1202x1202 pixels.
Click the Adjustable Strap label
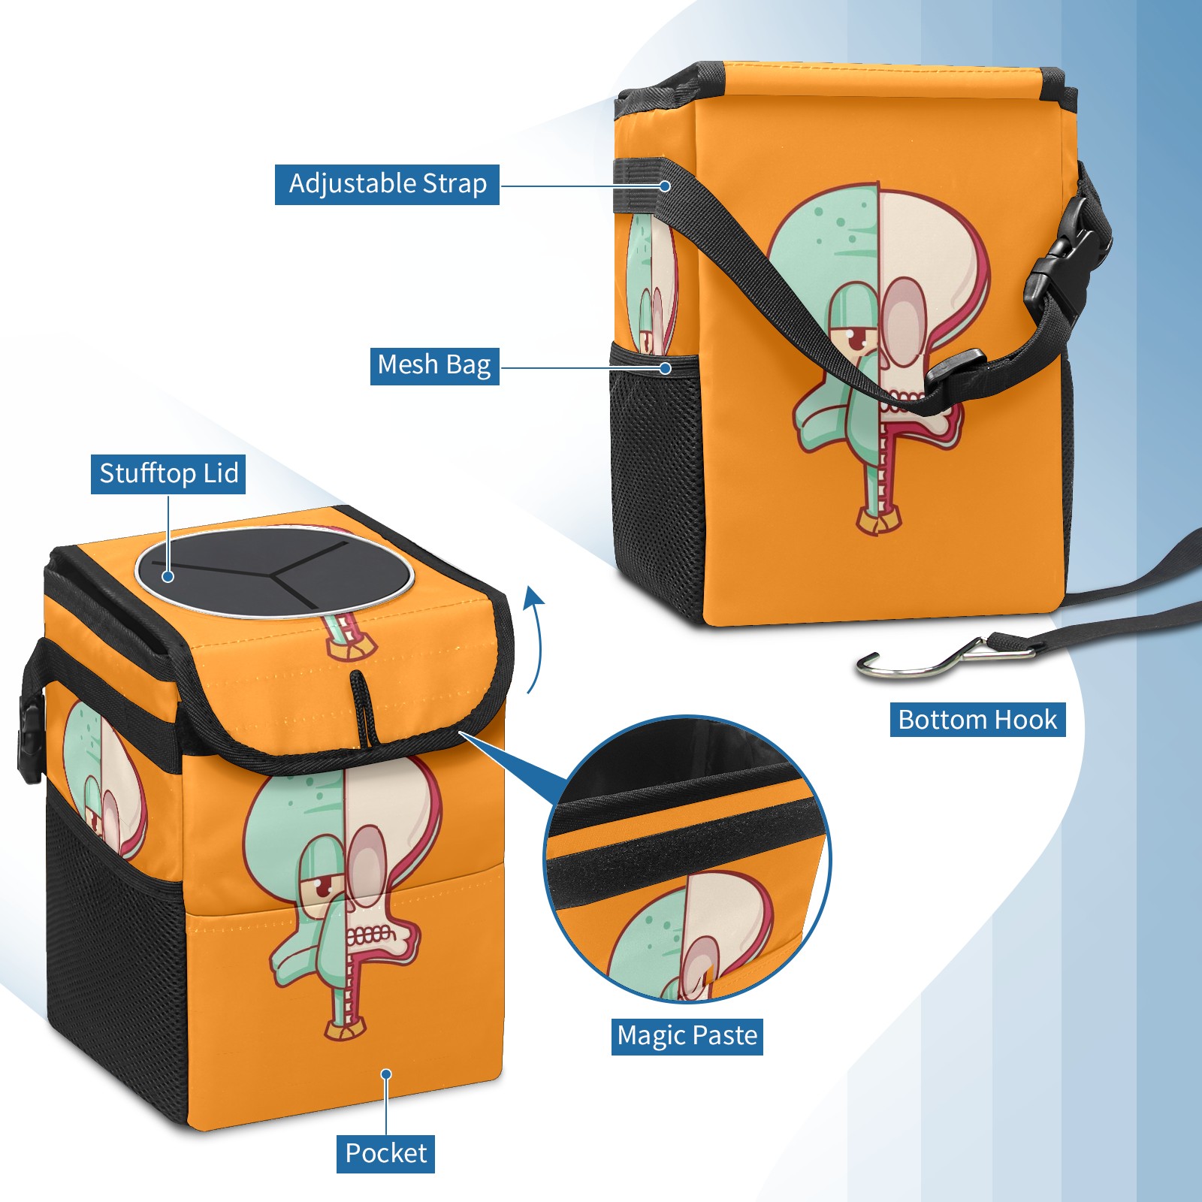click(x=387, y=184)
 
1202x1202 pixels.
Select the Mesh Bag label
click(x=434, y=365)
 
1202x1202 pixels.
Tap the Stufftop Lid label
click(x=168, y=474)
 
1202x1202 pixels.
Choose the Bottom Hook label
click(x=977, y=720)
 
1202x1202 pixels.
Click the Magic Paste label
click(x=687, y=1036)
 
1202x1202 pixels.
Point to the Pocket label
click(x=385, y=1153)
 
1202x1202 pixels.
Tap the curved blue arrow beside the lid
click(x=534, y=639)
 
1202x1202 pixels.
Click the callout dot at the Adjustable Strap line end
click(x=665, y=186)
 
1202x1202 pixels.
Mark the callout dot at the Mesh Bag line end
click(x=665, y=368)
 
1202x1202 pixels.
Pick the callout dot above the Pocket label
click(x=386, y=1074)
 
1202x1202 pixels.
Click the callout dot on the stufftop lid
click(x=168, y=576)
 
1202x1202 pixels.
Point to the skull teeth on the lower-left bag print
click(x=368, y=936)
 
